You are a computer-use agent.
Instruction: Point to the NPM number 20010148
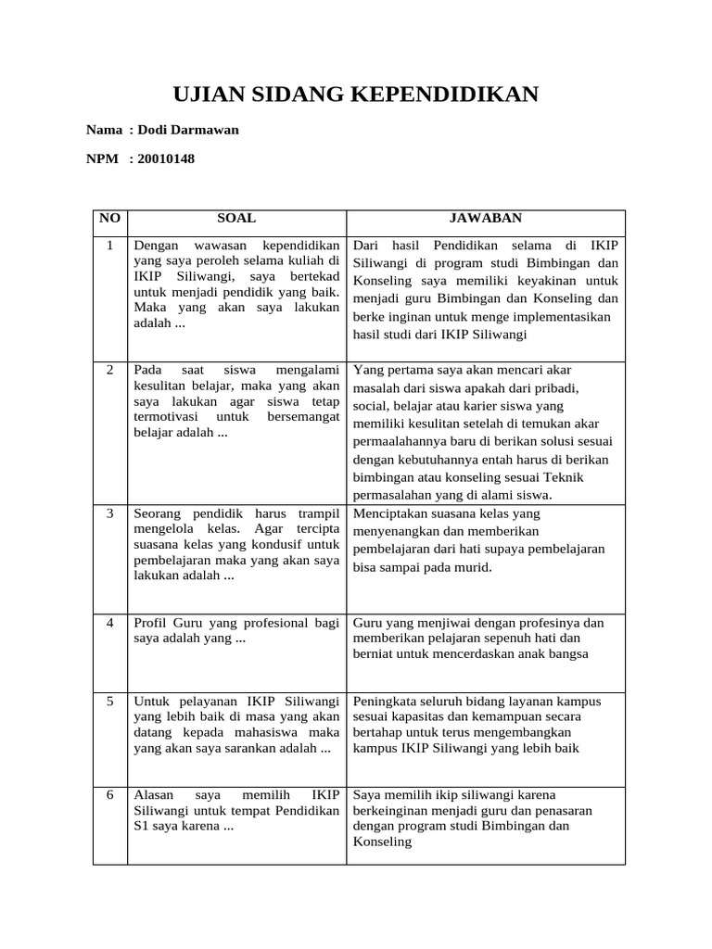pos(166,158)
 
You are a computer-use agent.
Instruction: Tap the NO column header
pos(109,219)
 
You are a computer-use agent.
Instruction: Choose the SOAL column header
pos(236,219)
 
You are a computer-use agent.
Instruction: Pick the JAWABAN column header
pos(486,219)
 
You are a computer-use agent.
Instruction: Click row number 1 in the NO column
pos(109,246)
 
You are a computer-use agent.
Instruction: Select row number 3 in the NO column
pos(109,513)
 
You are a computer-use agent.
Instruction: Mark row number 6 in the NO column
pos(109,795)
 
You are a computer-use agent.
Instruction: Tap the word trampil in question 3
pos(318,513)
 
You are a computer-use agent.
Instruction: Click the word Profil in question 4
pos(152,623)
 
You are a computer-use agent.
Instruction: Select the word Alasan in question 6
pos(154,795)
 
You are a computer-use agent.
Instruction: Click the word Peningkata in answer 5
pos(386,702)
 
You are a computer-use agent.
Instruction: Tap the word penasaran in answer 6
pos(565,811)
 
